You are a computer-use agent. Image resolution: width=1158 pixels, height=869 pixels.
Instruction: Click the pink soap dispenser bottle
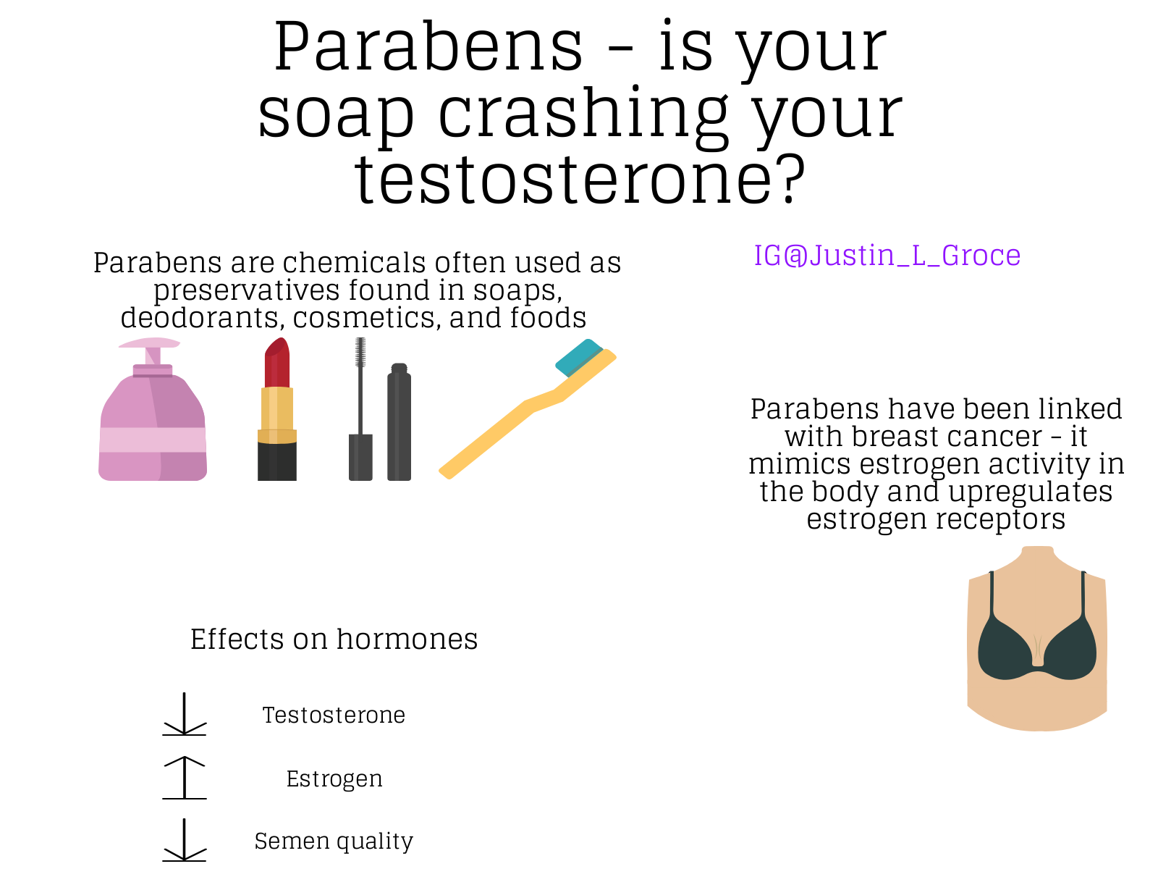153,417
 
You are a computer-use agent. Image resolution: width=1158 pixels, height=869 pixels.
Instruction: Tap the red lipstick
277,409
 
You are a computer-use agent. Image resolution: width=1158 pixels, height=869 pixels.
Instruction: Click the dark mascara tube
399,422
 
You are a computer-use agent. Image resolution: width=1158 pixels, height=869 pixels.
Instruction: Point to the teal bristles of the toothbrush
579,357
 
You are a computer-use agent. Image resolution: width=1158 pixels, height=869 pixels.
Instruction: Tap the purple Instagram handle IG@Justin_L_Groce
887,256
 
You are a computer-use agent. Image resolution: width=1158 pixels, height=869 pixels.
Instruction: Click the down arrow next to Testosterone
184,714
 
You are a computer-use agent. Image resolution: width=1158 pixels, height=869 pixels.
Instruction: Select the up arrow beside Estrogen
184,778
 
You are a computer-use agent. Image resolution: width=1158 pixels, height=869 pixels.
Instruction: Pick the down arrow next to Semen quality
184,840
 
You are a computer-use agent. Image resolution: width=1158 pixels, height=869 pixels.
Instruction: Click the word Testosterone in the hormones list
334,715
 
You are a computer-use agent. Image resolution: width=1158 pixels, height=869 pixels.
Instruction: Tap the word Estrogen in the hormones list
334,779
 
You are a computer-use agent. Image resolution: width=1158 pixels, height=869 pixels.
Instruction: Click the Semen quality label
334,841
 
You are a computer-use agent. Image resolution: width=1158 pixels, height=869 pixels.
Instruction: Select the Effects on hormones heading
334,639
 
